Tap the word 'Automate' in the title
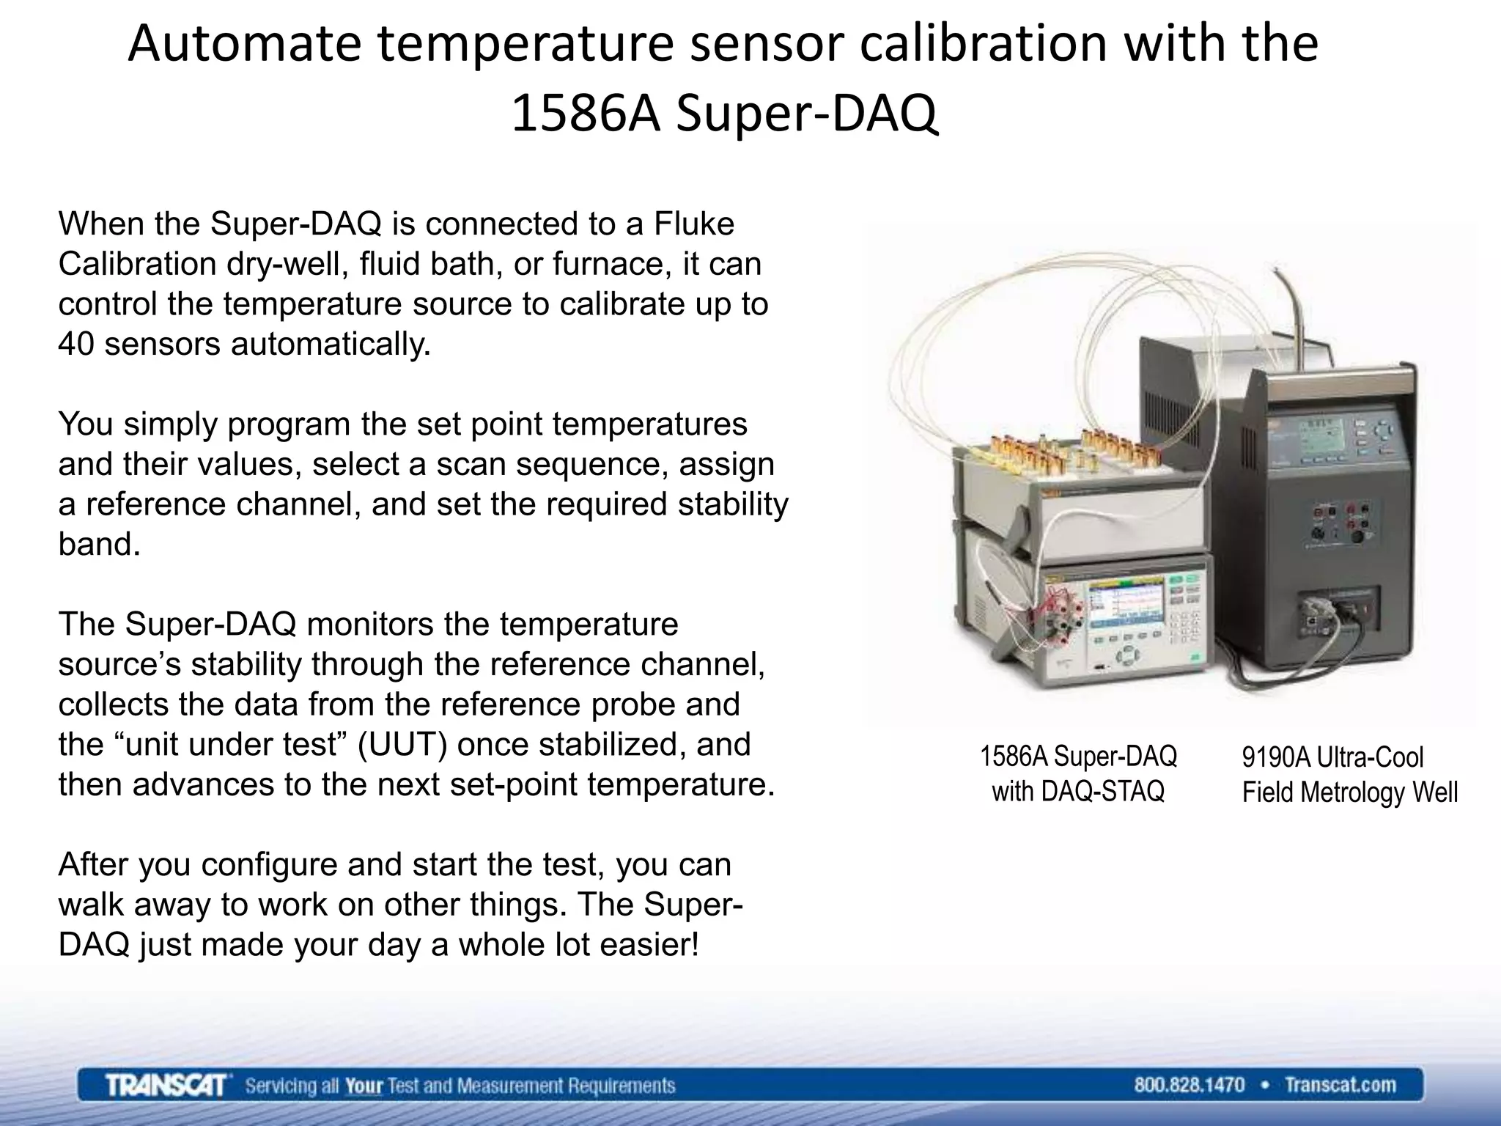pyautogui.click(x=244, y=44)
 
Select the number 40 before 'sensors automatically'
pyautogui.click(x=76, y=344)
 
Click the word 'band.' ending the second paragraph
pyautogui.click(x=99, y=544)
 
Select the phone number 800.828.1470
pyautogui.click(x=1189, y=1085)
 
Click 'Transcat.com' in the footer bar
pyautogui.click(x=1340, y=1085)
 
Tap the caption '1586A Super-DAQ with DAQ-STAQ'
pyautogui.click(x=1078, y=774)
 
